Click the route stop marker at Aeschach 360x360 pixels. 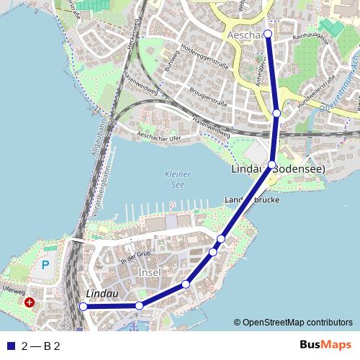[268, 34]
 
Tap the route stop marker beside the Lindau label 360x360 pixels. [83, 307]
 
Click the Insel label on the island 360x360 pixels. [148, 274]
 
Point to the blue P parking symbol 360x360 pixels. [45, 265]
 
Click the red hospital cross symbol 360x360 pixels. [30, 303]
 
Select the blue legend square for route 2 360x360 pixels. [9, 346]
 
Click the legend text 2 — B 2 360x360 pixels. [41, 346]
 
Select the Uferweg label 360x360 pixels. [14, 292]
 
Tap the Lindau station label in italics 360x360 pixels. [102, 294]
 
